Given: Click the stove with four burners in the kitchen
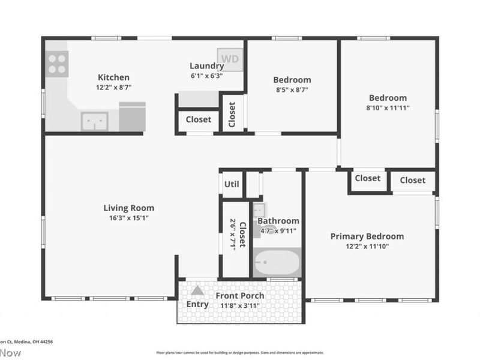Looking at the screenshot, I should coord(57,64).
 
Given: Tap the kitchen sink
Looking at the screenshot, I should coord(95,121).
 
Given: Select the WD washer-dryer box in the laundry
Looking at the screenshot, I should coord(230,59).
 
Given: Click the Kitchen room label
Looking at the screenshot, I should coord(113,77).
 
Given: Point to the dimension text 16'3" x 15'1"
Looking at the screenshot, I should coord(128,218).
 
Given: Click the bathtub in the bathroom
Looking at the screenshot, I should coord(277,263).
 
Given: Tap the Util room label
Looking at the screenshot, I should coord(232,184).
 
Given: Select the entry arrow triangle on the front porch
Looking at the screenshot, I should coord(197,290).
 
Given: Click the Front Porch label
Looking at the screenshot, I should coord(240,296).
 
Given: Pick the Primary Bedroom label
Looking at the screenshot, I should coord(367,236).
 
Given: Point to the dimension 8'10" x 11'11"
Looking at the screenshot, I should coord(388,108).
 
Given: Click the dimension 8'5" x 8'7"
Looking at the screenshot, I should coord(292,90).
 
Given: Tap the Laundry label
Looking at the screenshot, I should coord(206,66).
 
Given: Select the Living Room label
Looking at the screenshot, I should coord(128,208).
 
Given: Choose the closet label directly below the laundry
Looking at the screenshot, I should coord(198,119).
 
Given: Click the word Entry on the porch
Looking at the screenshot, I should coord(197,304).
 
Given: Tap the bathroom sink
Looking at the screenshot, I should coord(259,210).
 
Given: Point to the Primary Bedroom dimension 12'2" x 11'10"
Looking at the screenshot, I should coord(367,246).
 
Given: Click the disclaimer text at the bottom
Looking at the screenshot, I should coord(240,353).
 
